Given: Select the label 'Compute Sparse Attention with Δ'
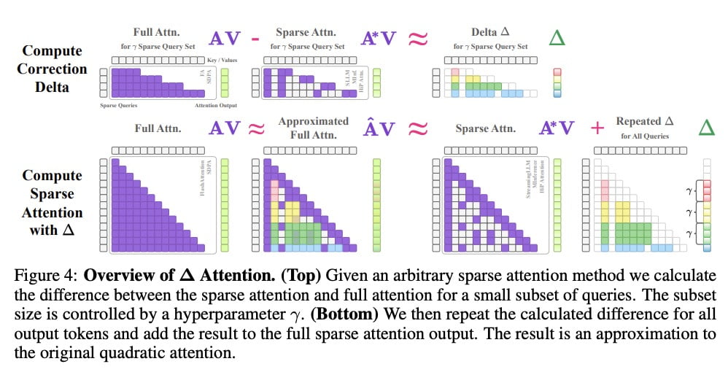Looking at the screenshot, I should pos(52,204).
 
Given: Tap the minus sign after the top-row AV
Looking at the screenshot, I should pos(255,39).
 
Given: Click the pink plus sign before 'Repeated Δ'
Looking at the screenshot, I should pos(597,128).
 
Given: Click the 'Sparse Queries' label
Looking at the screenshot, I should pos(119,106).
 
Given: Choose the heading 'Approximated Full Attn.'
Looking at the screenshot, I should pos(314,128).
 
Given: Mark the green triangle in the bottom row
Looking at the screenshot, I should pos(705,129).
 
